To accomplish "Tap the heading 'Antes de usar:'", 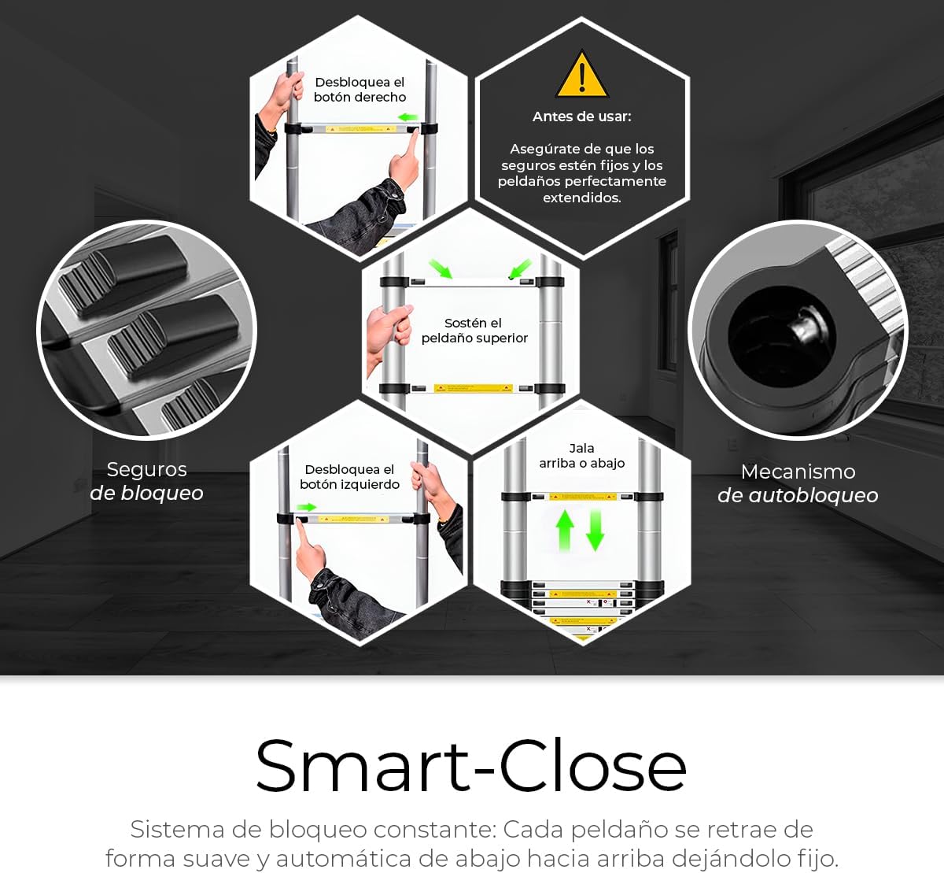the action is point(582,117).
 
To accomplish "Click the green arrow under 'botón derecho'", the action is point(407,117).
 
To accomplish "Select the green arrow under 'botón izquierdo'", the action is point(306,507).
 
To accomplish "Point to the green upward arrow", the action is point(565,531).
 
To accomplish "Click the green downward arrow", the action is point(595,531).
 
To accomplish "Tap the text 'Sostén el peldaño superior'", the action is point(474,330).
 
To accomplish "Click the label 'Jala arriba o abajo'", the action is point(582,455).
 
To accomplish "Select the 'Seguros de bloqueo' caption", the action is point(146,481).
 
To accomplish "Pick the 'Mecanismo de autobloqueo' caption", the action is point(798,483).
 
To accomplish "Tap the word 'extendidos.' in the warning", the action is point(582,198).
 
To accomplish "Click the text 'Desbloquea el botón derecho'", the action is point(360,90).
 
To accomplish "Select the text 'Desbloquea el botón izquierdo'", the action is point(349,477).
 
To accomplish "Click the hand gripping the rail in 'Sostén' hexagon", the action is point(389,328).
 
